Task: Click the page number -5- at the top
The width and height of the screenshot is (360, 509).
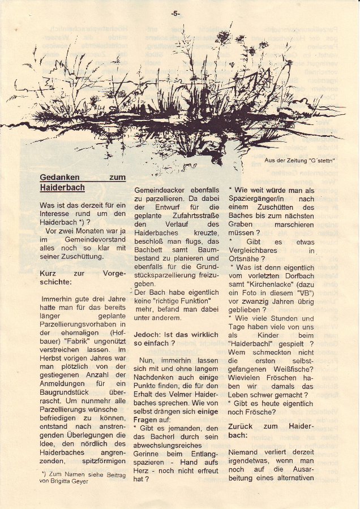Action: click(175, 12)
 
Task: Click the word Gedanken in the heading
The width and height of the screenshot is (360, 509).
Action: click(59, 178)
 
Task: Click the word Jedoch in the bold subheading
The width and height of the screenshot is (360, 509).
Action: click(147, 334)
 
